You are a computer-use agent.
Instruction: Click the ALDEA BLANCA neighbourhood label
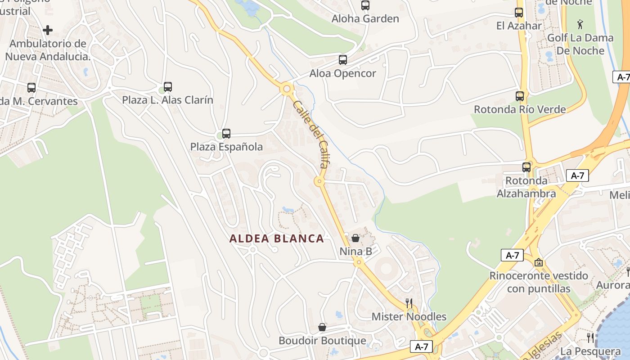pos(277,238)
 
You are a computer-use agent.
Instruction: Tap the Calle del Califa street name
pos(310,134)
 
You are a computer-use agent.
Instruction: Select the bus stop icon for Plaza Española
pos(226,134)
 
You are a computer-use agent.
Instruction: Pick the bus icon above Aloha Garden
pos(365,5)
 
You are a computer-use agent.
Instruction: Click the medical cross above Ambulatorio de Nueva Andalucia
pos(48,30)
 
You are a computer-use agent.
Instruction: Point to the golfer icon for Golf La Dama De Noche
pos(580,24)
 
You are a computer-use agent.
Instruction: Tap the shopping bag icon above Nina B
pos(355,238)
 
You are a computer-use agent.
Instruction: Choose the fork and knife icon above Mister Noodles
pos(409,303)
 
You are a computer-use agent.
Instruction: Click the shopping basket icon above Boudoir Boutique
pos(322,327)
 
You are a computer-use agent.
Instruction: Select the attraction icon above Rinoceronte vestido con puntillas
pos(539,262)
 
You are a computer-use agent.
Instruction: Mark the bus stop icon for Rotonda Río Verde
pos(520,96)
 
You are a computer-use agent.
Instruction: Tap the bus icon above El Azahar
pos(519,13)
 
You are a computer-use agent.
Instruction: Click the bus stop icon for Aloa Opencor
pos(343,60)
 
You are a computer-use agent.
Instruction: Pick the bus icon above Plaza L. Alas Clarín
pos(168,87)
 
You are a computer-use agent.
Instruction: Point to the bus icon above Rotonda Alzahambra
pos(526,167)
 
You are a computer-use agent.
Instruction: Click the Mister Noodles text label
pos(409,317)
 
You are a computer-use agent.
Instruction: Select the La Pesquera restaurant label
pos(591,351)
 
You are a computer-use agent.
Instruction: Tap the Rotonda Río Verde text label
pos(520,109)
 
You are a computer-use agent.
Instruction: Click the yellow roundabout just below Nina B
pos(358,262)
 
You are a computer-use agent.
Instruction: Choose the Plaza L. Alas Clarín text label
pos(168,100)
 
